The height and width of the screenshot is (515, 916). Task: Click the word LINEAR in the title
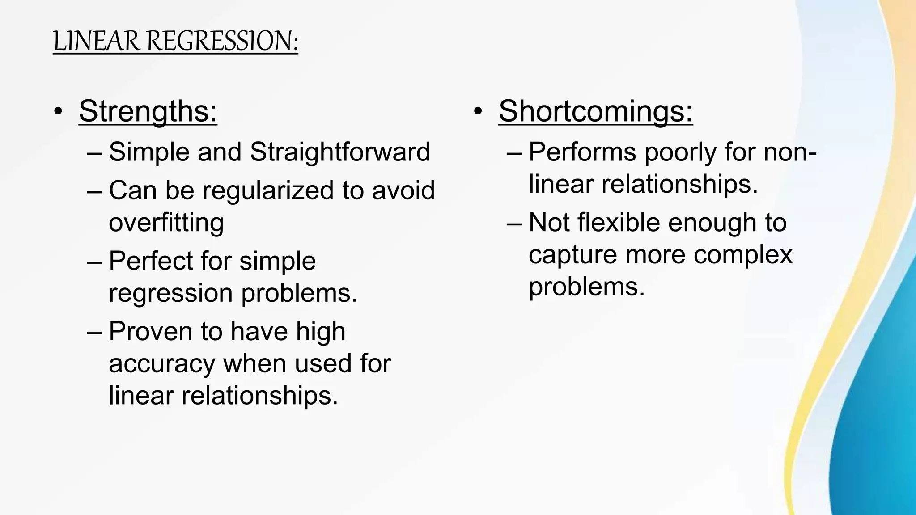coord(97,41)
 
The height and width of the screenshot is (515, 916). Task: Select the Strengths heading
coord(148,111)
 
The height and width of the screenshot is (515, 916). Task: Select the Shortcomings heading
coord(595,111)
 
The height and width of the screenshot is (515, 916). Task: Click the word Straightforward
coord(340,152)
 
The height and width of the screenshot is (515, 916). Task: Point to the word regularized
coord(268,190)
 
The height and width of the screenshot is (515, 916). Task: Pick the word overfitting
coord(166,223)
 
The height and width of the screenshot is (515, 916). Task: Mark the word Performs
coord(582,152)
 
